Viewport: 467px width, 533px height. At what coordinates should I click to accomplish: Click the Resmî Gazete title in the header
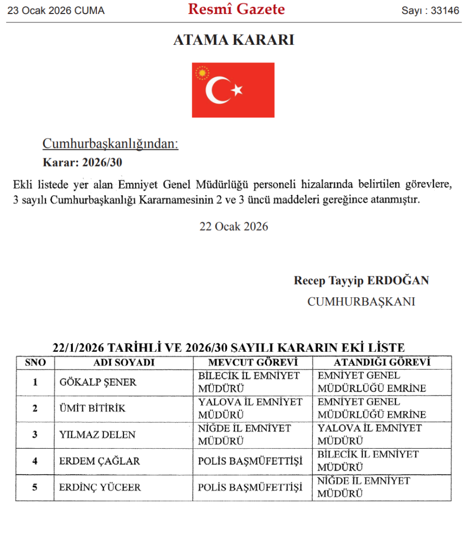(236, 9)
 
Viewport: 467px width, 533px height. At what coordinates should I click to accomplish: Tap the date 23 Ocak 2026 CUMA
(56, 11)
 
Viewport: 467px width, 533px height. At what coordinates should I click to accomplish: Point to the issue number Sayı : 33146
(429, 11)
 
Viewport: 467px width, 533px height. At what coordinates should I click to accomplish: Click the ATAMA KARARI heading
(233, 40)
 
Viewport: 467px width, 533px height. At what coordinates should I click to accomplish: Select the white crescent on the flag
(218, 90)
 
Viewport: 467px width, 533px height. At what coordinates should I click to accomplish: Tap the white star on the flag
(238, 90)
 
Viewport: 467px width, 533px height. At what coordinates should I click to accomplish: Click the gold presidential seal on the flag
(202, 72)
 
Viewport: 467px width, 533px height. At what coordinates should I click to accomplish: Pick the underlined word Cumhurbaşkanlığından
(110, 144)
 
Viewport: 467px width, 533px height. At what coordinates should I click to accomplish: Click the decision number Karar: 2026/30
(82, 162)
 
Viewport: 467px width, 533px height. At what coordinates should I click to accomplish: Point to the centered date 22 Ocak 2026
(233, 226)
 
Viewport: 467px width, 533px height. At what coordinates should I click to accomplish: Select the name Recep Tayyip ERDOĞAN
(361, 281)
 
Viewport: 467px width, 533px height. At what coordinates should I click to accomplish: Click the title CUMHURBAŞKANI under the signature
(361, 301)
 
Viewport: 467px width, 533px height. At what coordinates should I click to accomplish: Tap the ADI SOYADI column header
(124, 363)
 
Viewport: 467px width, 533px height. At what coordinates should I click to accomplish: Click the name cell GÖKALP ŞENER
(98, 383)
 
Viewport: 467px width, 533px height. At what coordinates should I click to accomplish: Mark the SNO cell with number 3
(35, 435)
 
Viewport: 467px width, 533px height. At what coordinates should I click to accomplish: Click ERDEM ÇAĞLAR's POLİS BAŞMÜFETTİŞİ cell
(250, 461)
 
